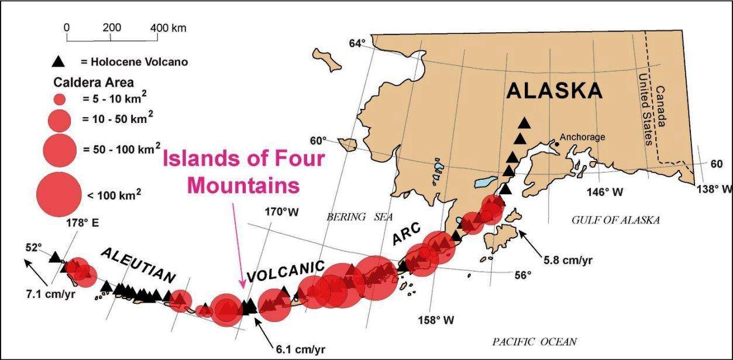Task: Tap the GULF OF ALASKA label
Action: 615,220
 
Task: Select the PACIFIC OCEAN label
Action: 534,341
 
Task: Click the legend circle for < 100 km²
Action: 59,193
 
